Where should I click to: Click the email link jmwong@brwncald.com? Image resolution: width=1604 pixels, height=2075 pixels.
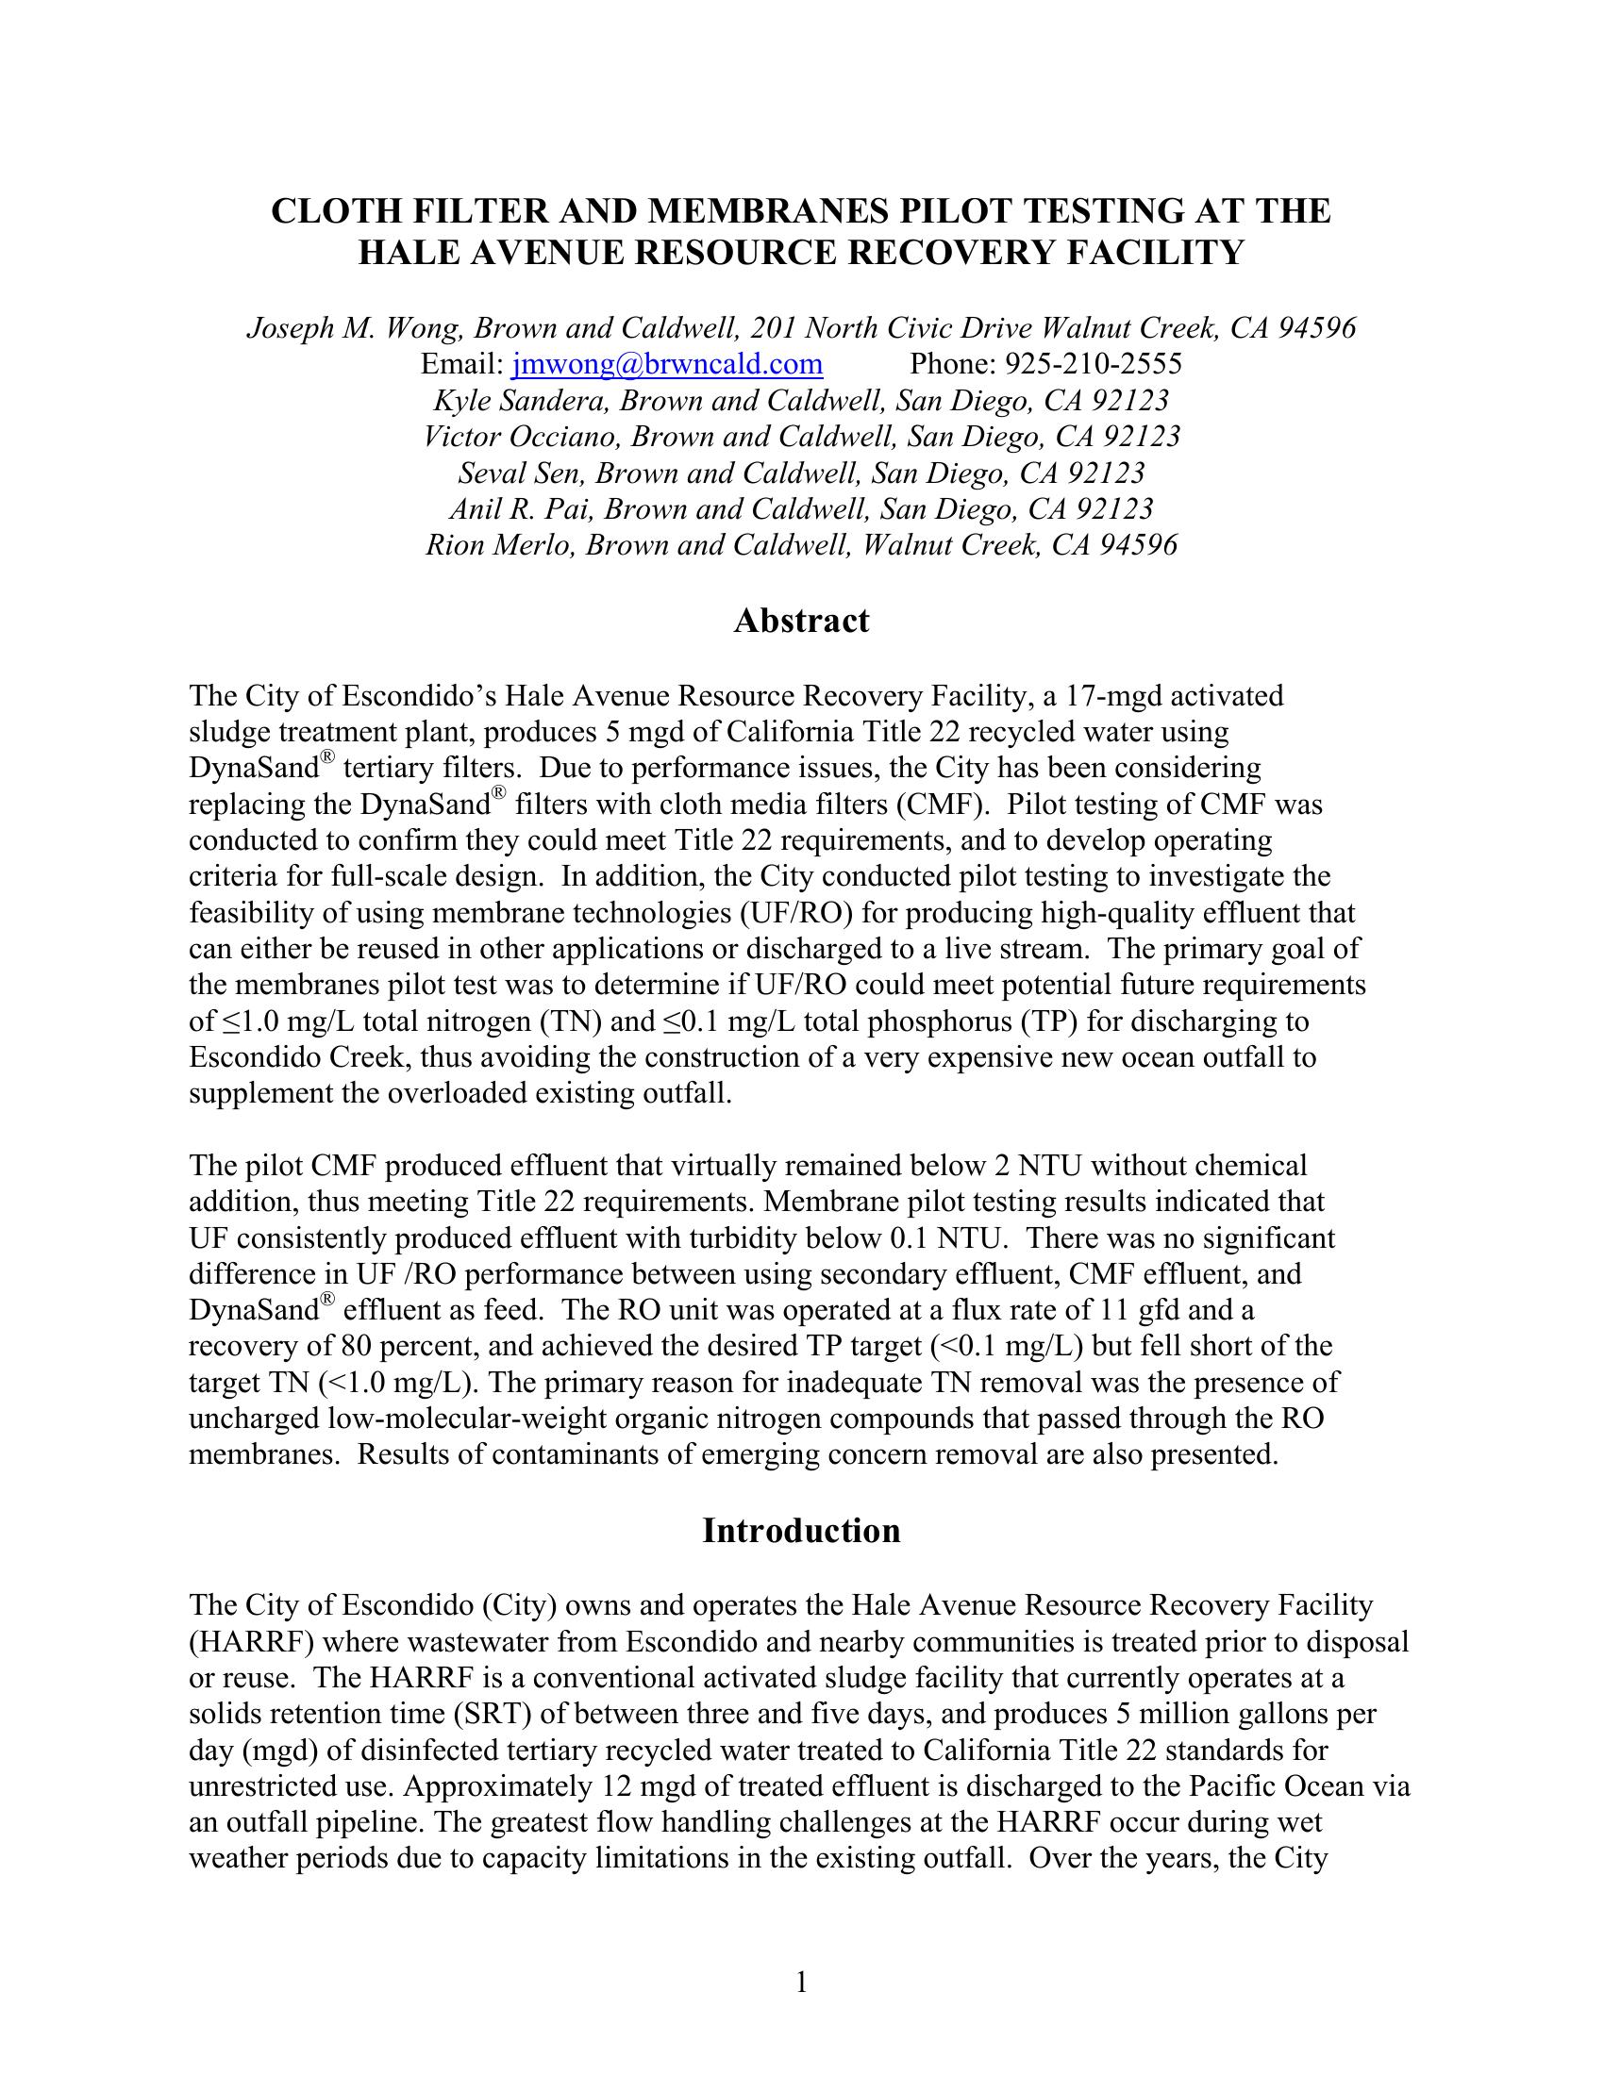667,365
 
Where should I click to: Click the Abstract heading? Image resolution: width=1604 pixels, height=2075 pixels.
801,622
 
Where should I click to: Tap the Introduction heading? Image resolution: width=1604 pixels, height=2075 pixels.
801,1531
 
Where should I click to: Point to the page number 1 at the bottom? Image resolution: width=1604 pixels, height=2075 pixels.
801,1982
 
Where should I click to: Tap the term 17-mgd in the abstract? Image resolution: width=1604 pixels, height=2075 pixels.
1112,696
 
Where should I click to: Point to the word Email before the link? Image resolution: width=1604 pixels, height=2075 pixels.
459,365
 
